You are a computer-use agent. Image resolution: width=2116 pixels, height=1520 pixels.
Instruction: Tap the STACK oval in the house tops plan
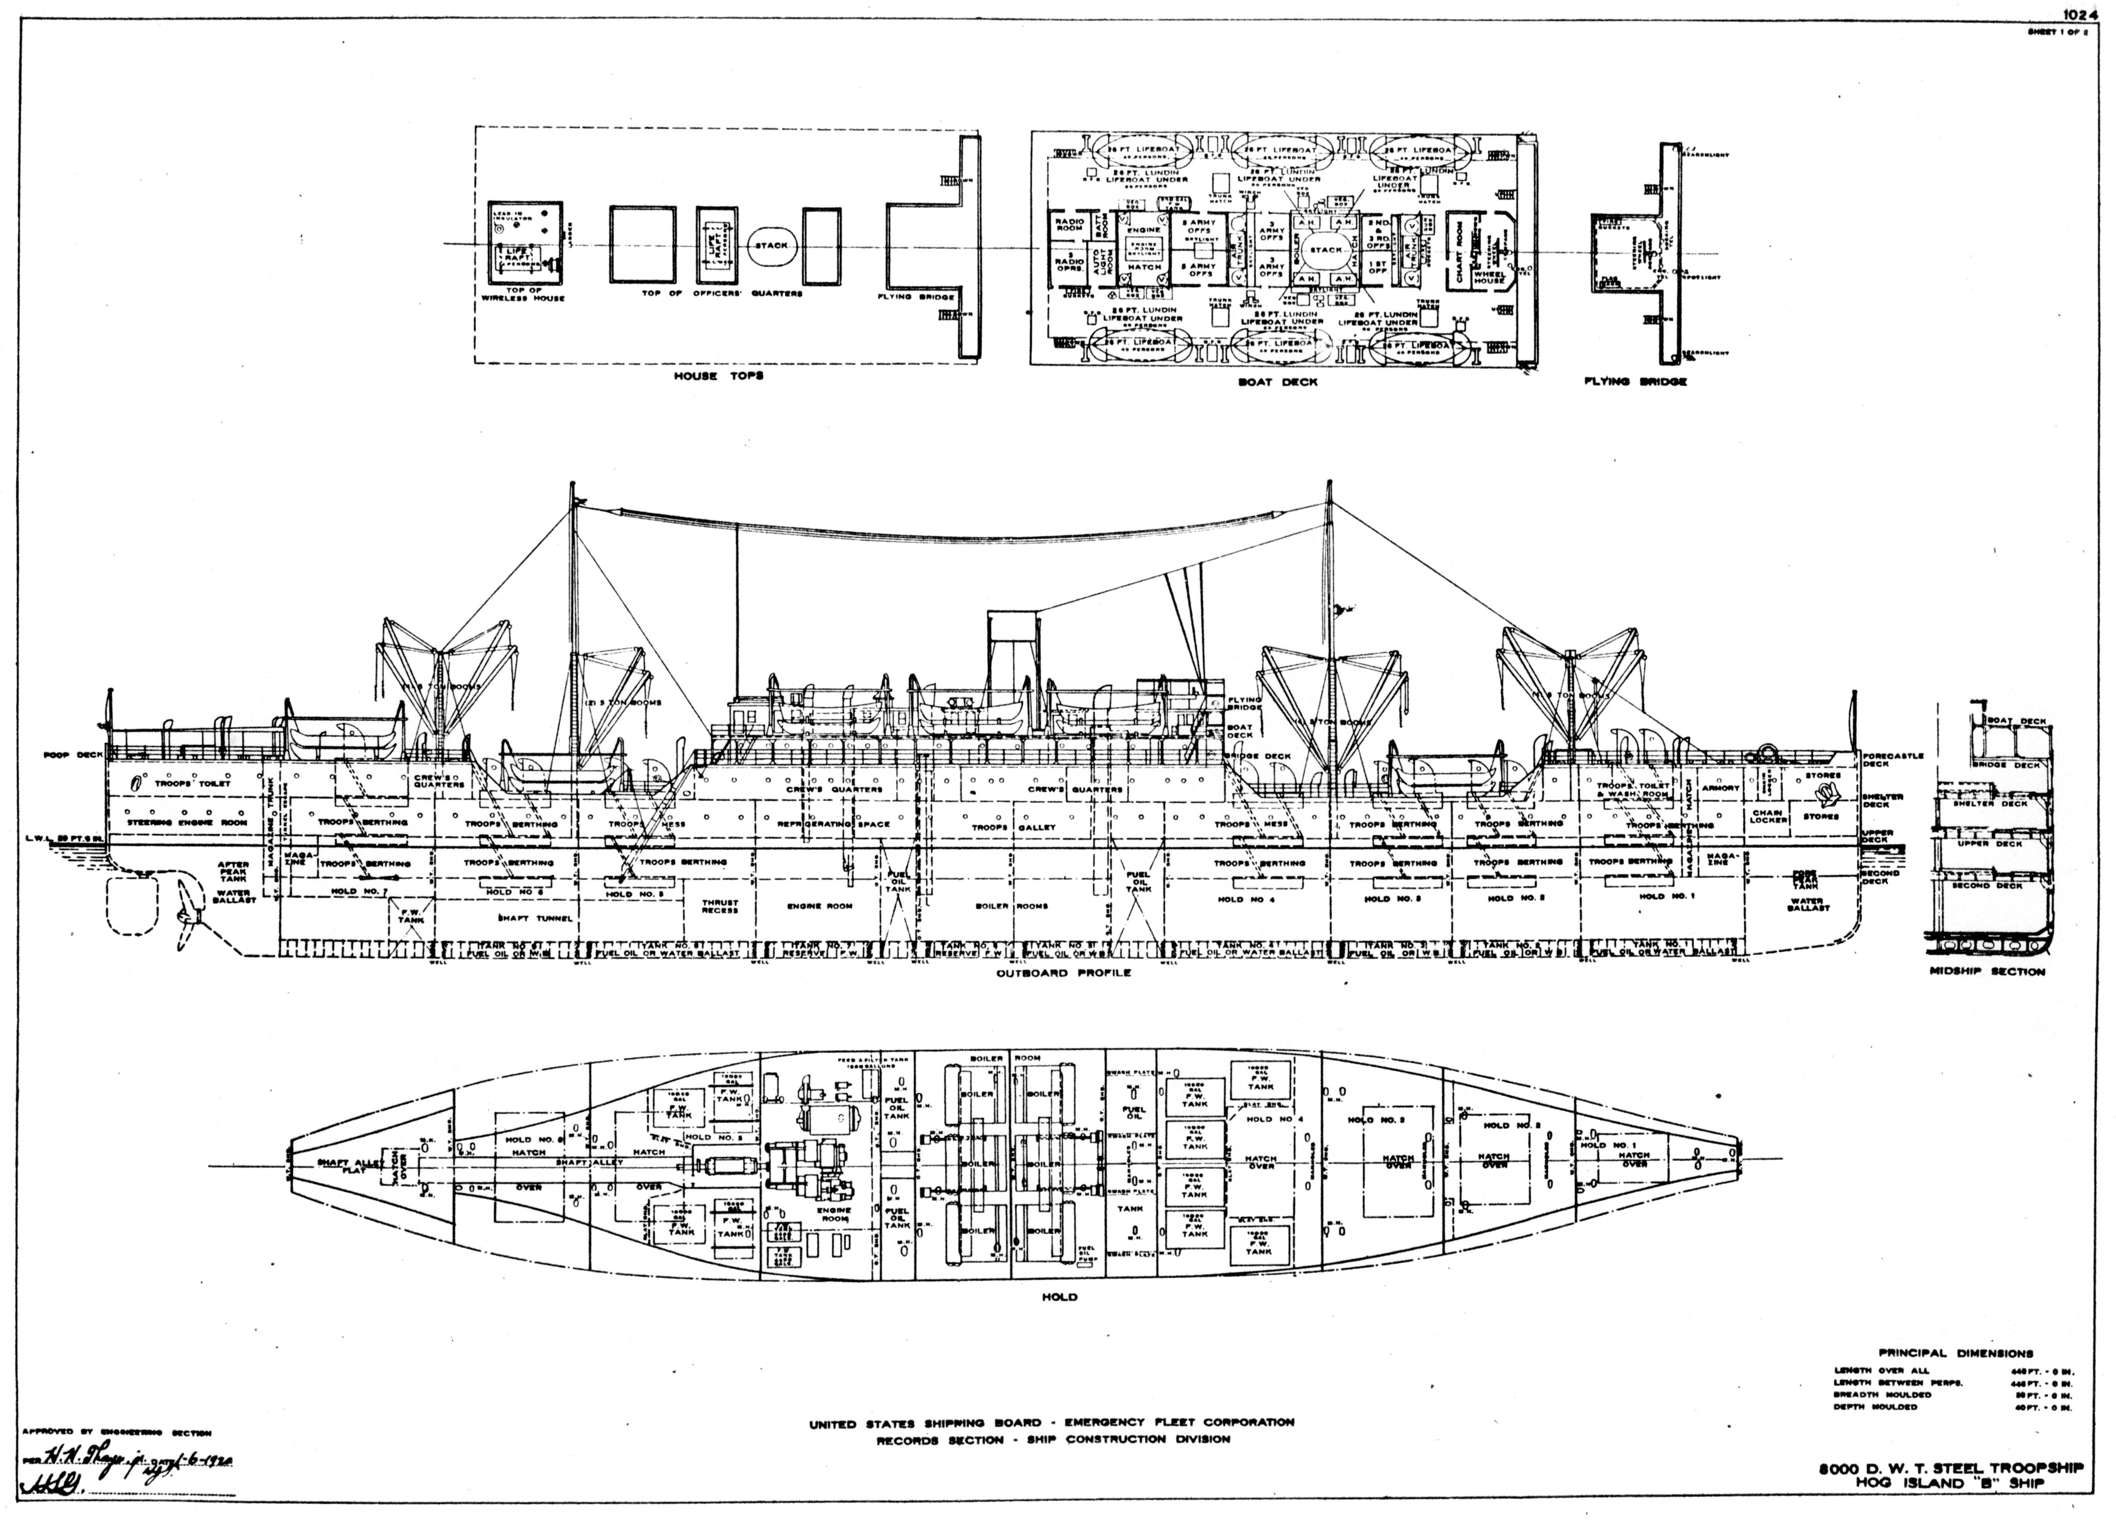click(x=771, y=247)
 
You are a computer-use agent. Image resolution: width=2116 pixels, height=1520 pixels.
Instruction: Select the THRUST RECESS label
click(x=719, y=906)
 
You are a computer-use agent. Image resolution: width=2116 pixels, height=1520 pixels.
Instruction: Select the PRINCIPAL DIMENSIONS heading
click(x=1955, y=1353)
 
